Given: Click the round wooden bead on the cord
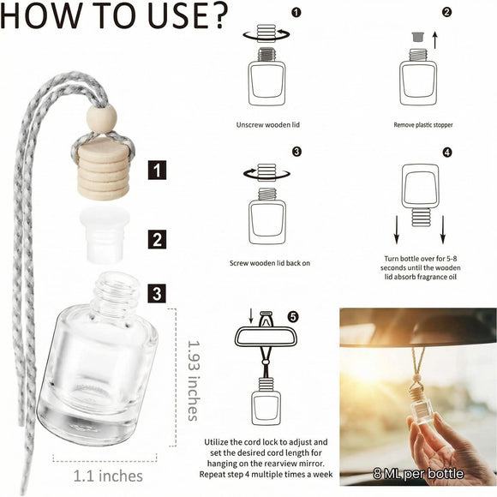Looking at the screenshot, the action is tap(101, 119).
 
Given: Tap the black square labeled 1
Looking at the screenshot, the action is tap(157, 170).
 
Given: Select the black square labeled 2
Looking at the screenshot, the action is tap(157, 239).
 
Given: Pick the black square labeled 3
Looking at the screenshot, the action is tap(157, 293).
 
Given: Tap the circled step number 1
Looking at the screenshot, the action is tap(296, 13).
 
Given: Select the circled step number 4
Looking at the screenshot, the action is tap(447, 153).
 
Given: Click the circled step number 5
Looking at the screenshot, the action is tap(293, 317).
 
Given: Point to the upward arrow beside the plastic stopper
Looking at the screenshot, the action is tap(435, 40).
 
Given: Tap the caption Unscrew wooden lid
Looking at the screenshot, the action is tap(268, 125).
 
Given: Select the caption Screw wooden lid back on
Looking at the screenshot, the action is tap(270, 263).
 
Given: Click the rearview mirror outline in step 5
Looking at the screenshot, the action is tap(266, 337).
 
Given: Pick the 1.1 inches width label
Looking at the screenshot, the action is tap(108, 476).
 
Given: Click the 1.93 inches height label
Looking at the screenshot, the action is tap(194, 380).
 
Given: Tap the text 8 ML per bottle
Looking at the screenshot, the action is tap(418, 474).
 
